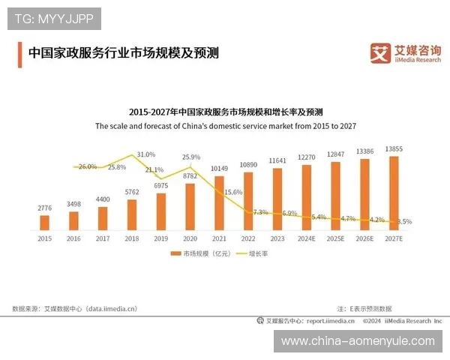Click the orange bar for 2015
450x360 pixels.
[x=44, y=222]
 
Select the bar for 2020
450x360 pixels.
[x=190, y=206]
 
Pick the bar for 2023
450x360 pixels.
[x=277, y=198]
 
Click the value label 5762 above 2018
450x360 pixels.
[x=132, y=192]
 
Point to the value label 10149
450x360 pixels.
[x=219, y=169]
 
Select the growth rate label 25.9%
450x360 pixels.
[x=191, y=157]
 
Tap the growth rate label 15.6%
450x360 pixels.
[x=233, y=192]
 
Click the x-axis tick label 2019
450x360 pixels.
[x=160, y=238]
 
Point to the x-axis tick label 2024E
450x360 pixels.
[x=306, y=238]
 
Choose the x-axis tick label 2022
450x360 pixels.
[x=247, y=238]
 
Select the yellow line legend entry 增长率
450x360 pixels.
[x=252, y=254]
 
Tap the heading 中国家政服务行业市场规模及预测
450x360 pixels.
[x=123, y=54]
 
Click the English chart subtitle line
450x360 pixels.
[x=225, y=127]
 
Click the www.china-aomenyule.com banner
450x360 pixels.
[x=357, y=341]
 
